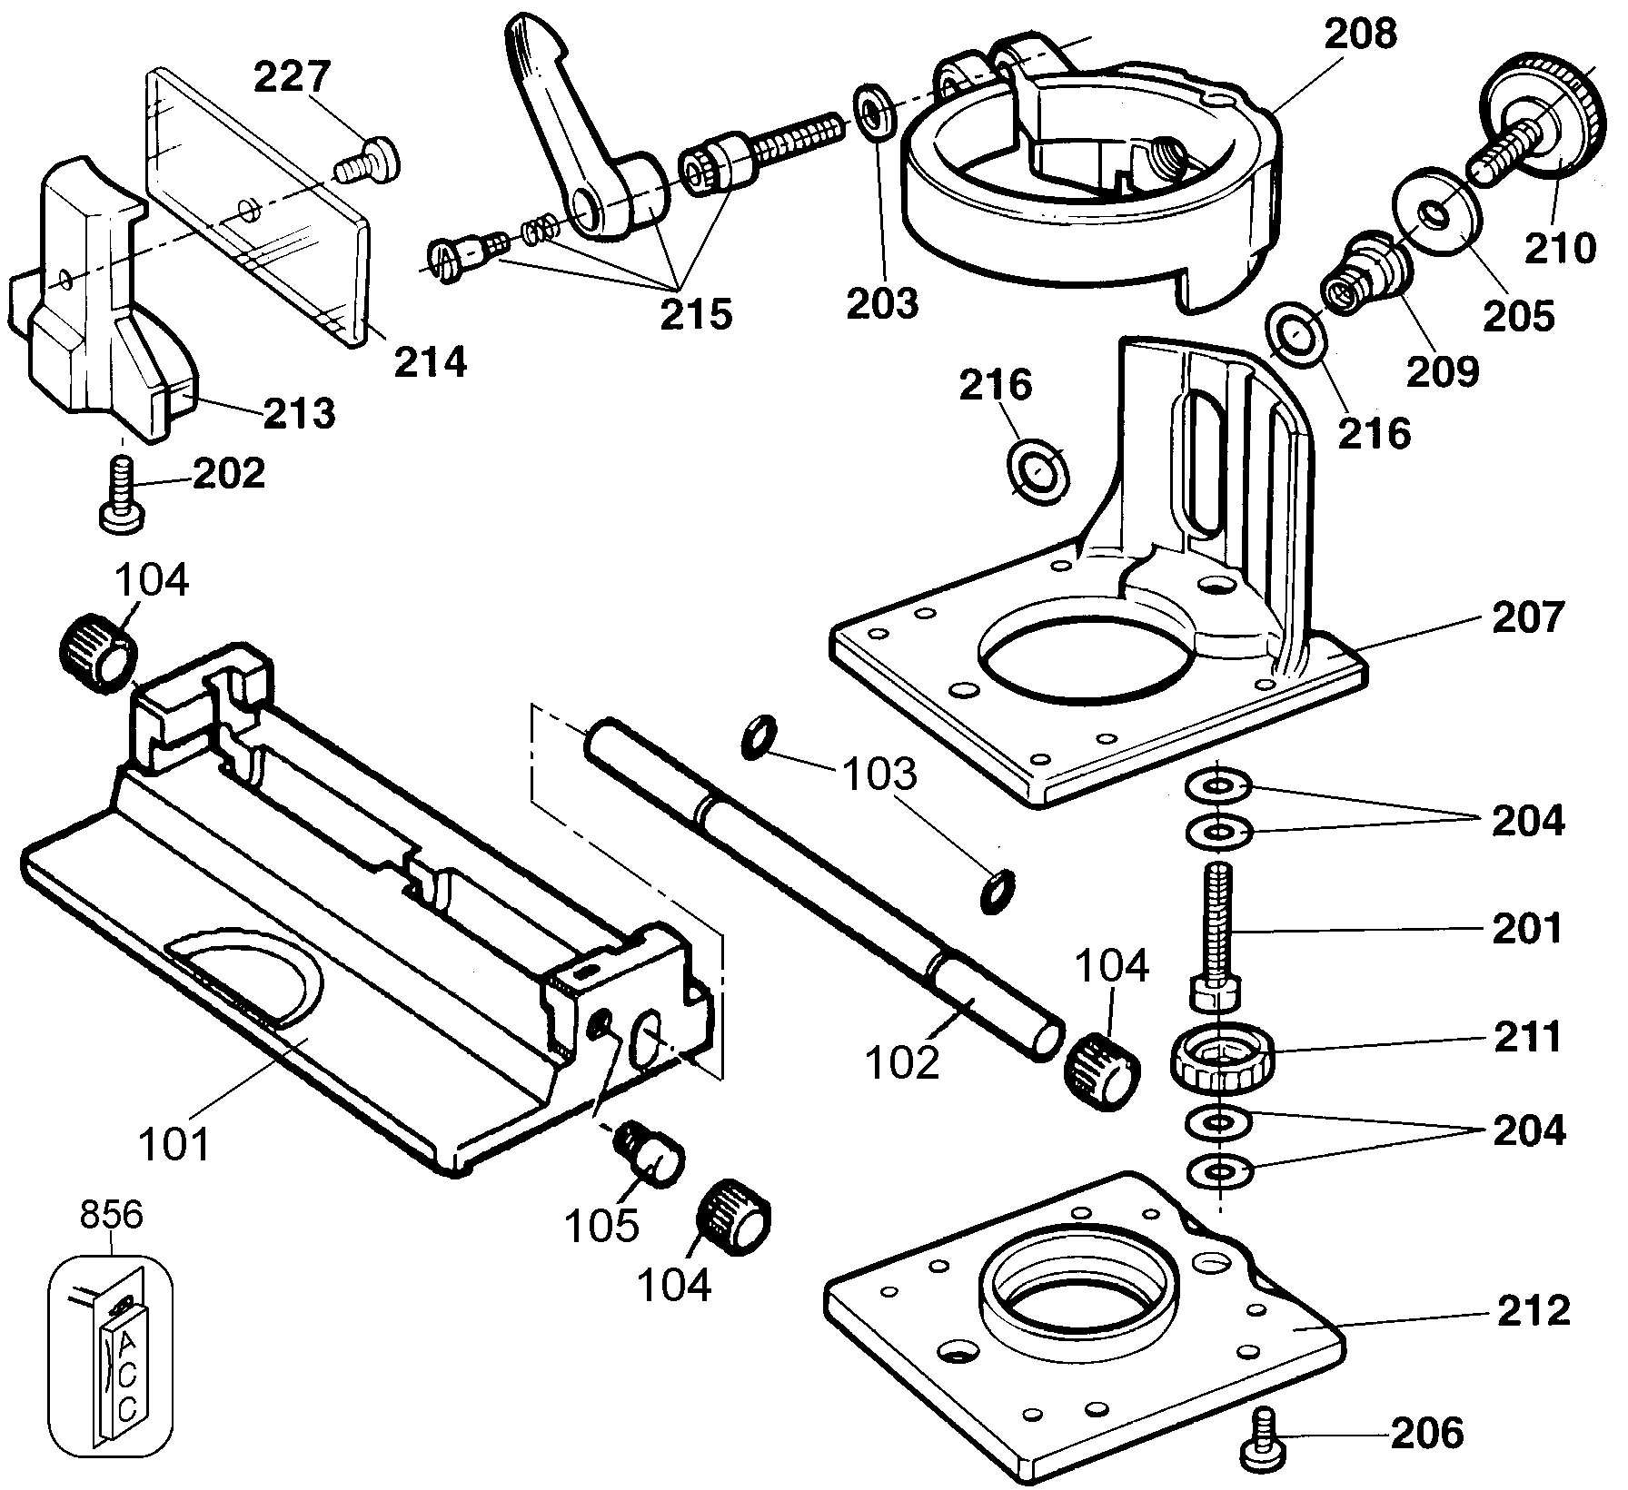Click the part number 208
point(1359,34)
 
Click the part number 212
point(1533,1310)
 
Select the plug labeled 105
point(650,1155)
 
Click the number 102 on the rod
point(902,1063)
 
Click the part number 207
point(1529,617)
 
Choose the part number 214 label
point(430,361)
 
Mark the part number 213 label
point(300,413)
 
